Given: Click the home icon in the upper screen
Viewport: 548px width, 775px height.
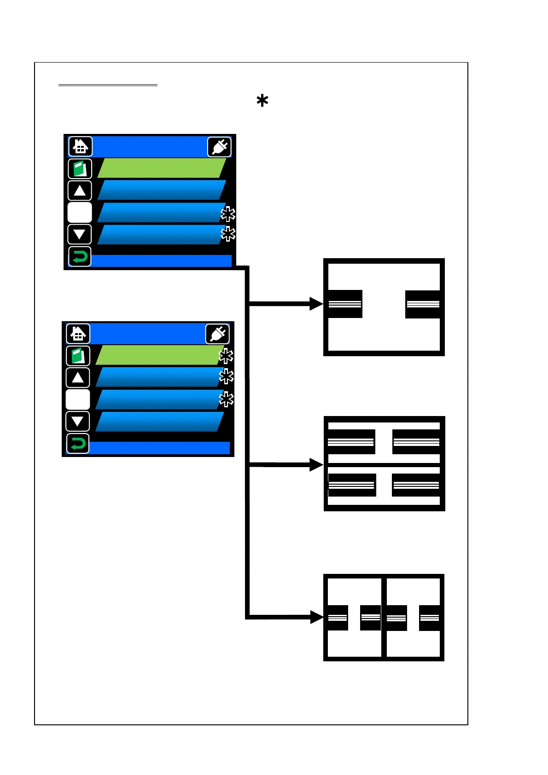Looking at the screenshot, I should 80,147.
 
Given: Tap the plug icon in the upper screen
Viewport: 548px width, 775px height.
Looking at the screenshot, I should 219,147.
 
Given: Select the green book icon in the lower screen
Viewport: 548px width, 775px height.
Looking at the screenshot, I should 78,356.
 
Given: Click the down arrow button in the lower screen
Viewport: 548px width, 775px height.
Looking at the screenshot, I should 78,421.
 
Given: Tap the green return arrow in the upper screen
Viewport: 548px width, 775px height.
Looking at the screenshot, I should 80,256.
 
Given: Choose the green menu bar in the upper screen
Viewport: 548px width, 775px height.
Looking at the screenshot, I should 161,168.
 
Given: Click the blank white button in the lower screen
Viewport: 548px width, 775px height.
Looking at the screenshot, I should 78,399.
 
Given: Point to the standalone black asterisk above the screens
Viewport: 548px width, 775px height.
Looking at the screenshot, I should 262,101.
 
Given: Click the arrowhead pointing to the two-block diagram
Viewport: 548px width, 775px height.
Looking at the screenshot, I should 317,304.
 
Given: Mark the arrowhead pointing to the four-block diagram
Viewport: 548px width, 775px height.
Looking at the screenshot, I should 317,465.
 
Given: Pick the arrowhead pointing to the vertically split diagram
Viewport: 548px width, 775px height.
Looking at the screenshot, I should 317,617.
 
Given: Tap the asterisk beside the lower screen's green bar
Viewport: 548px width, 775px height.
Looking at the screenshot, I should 226,356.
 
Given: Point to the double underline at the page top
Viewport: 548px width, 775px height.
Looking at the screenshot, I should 108,85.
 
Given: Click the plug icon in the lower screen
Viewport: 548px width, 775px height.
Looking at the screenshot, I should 217,334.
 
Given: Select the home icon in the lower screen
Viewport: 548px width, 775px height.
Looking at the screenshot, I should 78,334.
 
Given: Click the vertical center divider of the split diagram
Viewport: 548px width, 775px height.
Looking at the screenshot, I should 384,617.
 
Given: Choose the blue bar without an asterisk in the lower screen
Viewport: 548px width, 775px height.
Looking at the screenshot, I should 159,422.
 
